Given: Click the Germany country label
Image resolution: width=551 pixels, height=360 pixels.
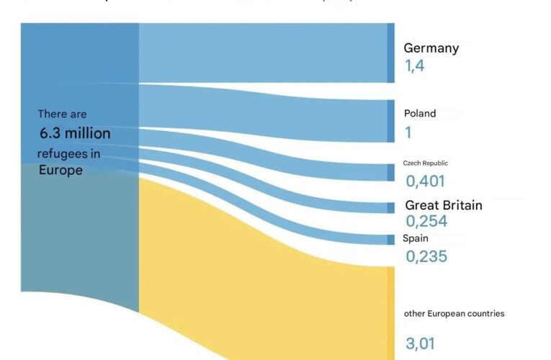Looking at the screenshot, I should pyautogui.click(x=431, y=48).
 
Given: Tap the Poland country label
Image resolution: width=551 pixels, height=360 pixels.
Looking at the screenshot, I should pyautogui.click(x=419, y=113).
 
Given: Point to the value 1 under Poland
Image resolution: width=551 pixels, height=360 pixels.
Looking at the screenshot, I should pyautogui.click(x=408, y=132).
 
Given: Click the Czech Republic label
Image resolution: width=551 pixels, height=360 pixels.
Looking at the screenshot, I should pyautogui.click(x=425, y=163).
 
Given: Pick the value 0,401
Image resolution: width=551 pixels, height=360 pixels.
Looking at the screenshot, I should pyautogui.click(x=425, y=181).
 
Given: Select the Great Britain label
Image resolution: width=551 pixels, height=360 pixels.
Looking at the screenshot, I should pyautogui.click(x=443, y=205).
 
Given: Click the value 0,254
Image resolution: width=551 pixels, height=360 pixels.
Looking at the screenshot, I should pyautogui.click(x=426, y=221).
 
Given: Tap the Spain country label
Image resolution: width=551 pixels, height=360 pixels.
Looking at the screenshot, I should pyautogui.click(x=416, y=238).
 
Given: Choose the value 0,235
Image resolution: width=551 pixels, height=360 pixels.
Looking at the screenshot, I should pyautogui.click(x=426, y=256).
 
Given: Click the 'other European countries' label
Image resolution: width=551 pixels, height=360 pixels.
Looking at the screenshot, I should pyautogui.click(x=454, y=313).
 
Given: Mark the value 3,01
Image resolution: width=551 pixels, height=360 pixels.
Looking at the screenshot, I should pyautogui.click(x=420, y=343).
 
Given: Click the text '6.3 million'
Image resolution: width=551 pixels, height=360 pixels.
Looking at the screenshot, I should pyautogui.click(x=75, y=134).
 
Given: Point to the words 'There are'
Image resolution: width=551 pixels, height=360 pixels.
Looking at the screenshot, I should pyautogui.click(x=62, y=114).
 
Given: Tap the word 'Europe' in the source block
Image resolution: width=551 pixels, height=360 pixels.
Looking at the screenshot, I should pyautogui.click(x=60, y=171).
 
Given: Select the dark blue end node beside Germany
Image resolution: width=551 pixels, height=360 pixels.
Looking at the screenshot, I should pyautogui.click(x=391, y=53).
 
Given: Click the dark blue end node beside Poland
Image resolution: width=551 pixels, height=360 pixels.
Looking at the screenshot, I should pyautogui.click(x=391, y=120).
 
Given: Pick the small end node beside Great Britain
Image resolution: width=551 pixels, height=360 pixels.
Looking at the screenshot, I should pyautogui.click(x=391, y=207).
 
